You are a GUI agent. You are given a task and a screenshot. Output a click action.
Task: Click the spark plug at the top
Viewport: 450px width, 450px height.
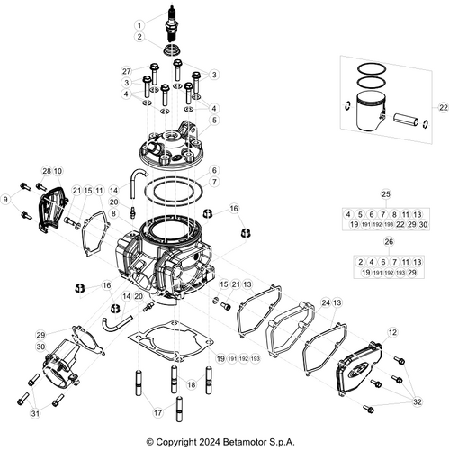pos(166,21)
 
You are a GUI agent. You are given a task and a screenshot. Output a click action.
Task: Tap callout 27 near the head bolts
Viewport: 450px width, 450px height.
pos(127,70)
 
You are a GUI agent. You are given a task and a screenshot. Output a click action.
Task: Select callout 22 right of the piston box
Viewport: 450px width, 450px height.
pos(443,107)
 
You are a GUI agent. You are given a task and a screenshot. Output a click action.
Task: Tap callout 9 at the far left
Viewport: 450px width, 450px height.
pos(6,198)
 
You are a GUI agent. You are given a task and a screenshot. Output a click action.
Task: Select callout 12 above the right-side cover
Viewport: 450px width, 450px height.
pos(391,332)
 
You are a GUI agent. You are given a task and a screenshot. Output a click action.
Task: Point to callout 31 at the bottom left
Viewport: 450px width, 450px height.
pos(35,413)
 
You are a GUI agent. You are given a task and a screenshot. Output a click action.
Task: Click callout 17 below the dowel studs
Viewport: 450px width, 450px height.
pos(158,412)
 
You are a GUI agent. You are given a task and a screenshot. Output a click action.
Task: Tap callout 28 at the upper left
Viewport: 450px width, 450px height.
pos(46,171)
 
